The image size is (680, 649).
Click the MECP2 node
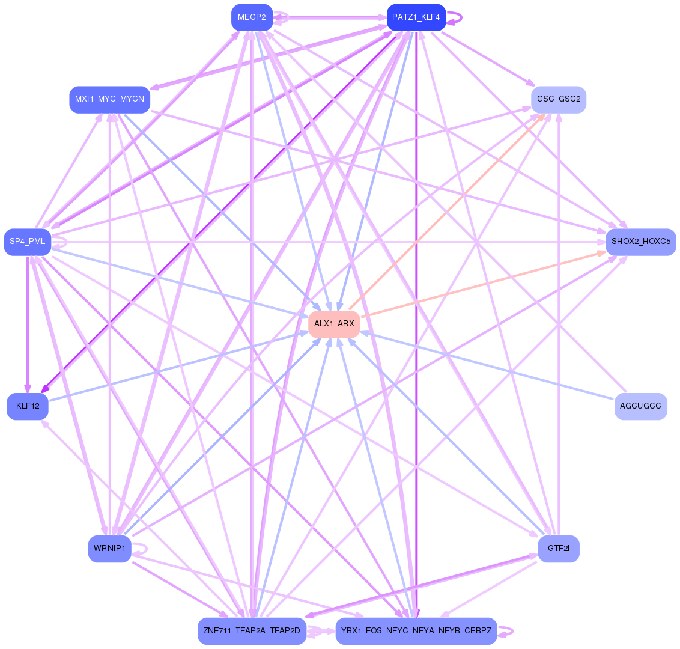pos(252,17)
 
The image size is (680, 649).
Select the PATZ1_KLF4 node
pos(416,17)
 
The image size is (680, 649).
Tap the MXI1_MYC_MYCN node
pos(109,99)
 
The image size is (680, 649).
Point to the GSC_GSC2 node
pos(558,99)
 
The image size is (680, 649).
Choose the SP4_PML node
pos(28,242)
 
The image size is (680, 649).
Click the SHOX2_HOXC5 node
pos(640,242)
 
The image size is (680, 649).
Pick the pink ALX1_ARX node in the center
pos(334,324)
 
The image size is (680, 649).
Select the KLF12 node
pos(28,406)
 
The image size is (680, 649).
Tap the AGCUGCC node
pos(640,406)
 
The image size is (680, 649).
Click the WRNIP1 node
pos(109,549)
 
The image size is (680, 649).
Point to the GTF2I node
pos(558,549)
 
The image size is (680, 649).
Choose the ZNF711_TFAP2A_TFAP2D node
pos(252,631)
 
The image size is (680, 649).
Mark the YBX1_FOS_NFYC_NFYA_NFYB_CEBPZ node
pos(416,631)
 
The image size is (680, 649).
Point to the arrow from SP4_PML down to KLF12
pos(27,324)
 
